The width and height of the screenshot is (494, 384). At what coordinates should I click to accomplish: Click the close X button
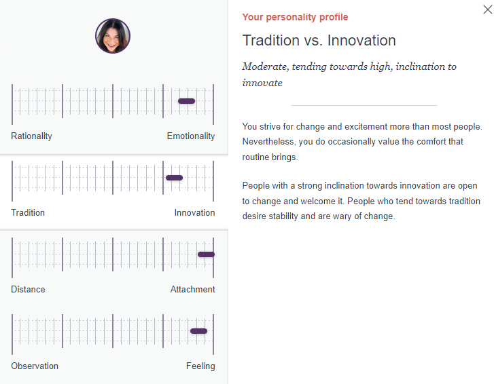(x=488, y=9)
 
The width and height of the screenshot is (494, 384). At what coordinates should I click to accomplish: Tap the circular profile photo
(x=113, y=36)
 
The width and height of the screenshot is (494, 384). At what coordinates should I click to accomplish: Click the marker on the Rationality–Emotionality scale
(x=186, y=101)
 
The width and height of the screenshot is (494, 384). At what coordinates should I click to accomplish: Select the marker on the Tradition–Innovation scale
(x=174, y=178)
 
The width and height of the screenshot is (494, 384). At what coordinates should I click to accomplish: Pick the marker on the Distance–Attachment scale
(x=206, y=254)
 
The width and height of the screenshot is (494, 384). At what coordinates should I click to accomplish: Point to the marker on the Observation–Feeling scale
(x=199, y=331)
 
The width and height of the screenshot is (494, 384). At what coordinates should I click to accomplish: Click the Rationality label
(x=31, y=136)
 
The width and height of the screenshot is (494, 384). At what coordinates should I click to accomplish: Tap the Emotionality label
(x=191, y=136)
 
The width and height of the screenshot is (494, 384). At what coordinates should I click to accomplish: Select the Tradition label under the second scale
(x=28, y=212)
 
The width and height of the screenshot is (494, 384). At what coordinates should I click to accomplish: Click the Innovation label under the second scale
(x=195, y=212)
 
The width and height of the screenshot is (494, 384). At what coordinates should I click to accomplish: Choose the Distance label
(x=28, y=289)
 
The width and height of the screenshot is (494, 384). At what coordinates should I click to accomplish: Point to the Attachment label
(x=193, y=289)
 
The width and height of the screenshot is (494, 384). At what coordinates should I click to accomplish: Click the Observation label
(x=35, y=366)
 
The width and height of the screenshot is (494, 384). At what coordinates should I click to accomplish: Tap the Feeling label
(x=200, y=366)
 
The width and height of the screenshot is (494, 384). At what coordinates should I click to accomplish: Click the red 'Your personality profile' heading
(x=295, y=17)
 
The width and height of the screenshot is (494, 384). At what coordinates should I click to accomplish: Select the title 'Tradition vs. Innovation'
(x=319, y=41)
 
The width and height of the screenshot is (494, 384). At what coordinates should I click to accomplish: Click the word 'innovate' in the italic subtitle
(x=262, y=83)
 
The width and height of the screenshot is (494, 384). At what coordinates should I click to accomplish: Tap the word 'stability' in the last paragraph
(x=283, y=216)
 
